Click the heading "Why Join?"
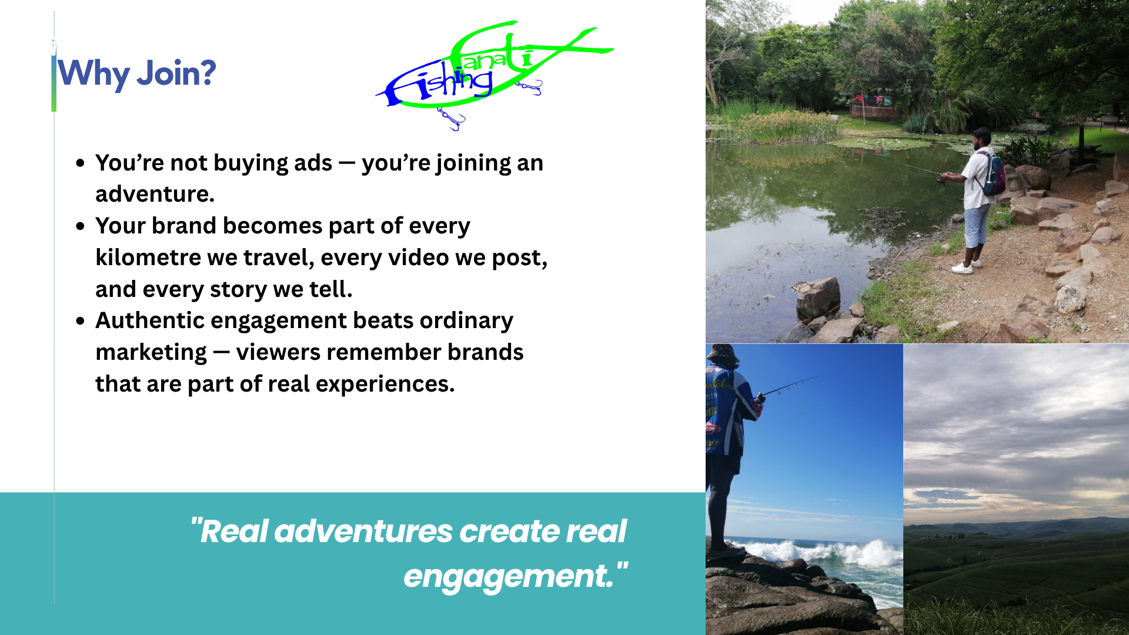pyautogui.click(x=136, y=74)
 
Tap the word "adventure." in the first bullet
pyautogui.click(x=155, y=194)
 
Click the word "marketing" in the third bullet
pyautogui.click(x=151, y=353)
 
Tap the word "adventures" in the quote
pyautogui.click(x=363, y=531)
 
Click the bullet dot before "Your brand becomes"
pyautogui.click(x=81, y=226)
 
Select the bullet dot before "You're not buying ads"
pyautogui.click(x=81, y=163)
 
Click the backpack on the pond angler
pyautogui.click(x=993, y=175)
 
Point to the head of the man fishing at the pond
pyautogui.click(x=982, y=139)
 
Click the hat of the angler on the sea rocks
pyautogui.click(x=723, y=355)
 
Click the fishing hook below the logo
pyautogui.click(x=451, y=119)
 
